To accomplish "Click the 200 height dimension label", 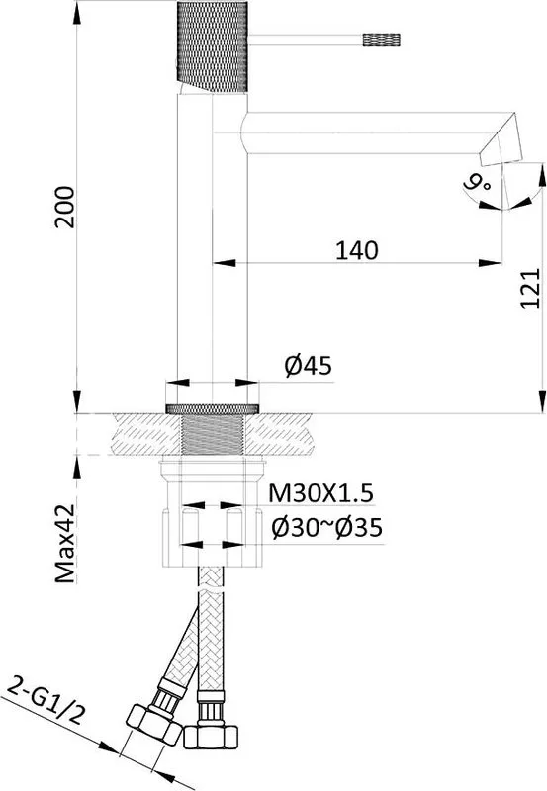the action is tap(65, 207).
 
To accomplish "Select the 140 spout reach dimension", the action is tap(357, 250).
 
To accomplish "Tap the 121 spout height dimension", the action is tap(530, 288).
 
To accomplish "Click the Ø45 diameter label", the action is tap(308, 365).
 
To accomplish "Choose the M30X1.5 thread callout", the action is tap(320, 492).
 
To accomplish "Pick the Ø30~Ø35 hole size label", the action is tap(327, 528).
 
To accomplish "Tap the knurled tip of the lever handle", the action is tap(382, 40).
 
